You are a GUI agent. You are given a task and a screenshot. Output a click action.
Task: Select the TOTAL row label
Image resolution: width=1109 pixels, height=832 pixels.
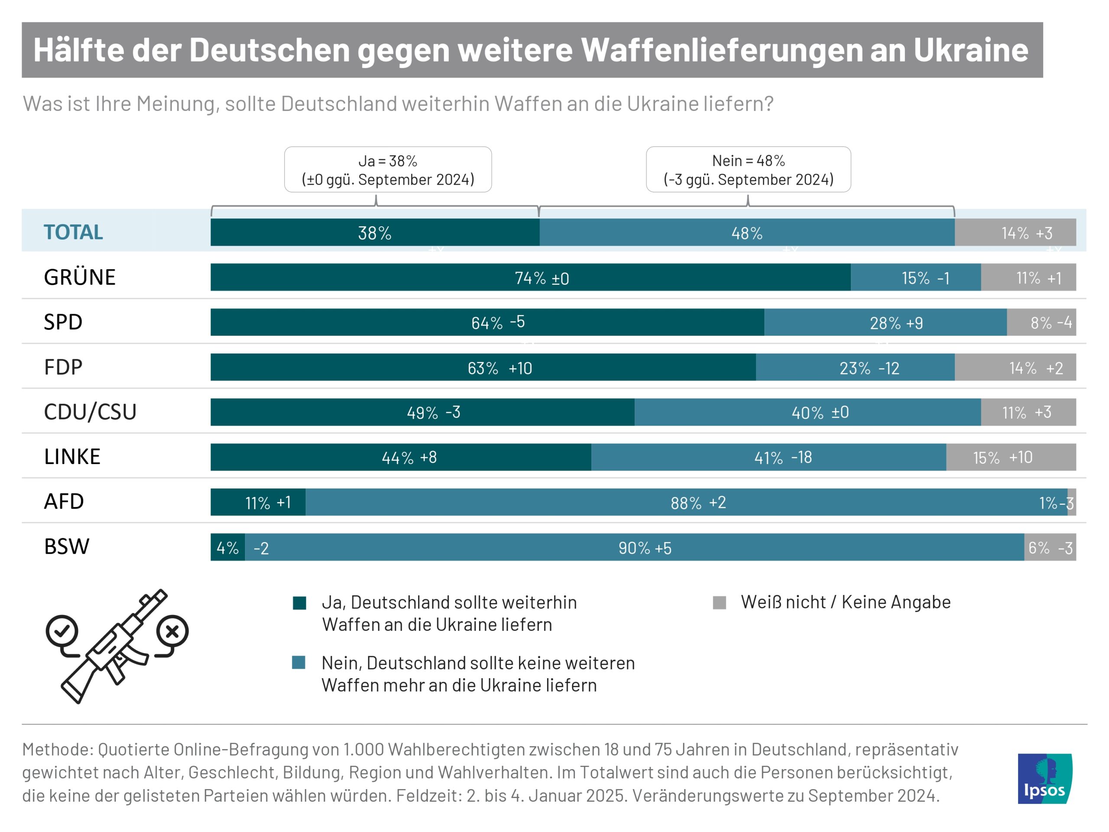point(73,232)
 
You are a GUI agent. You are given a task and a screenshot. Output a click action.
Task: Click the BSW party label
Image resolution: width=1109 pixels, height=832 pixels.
point(67,546)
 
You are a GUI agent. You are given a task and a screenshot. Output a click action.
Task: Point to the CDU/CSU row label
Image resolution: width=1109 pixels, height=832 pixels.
point(90,412)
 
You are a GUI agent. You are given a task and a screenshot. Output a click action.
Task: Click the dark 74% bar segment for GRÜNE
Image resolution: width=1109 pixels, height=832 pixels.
point(530,277)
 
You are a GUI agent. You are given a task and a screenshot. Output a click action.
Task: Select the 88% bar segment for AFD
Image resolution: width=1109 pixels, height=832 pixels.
point(687,502)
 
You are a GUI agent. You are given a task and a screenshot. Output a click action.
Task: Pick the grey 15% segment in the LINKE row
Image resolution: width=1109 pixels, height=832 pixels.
point(1011,457)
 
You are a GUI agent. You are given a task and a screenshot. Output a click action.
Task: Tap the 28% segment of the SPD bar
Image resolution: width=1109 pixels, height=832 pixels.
point(885,322)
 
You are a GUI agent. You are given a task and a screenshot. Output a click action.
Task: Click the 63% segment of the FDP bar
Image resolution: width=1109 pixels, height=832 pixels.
point(483,367)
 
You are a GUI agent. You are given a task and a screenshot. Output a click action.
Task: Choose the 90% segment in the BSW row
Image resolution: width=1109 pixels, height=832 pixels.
point(634,547)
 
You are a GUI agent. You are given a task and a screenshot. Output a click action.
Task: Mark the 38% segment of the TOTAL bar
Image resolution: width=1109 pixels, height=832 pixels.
point(375,233)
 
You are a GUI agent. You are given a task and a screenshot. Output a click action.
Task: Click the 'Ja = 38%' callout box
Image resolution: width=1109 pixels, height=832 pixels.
point(388,169)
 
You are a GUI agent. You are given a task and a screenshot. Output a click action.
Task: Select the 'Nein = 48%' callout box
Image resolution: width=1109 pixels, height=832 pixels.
point(748,169)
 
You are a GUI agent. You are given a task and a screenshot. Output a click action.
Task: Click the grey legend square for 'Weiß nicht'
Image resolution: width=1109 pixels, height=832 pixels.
point(720,603)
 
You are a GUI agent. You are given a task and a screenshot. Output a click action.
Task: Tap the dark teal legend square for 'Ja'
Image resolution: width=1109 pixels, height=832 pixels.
point(299,603)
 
